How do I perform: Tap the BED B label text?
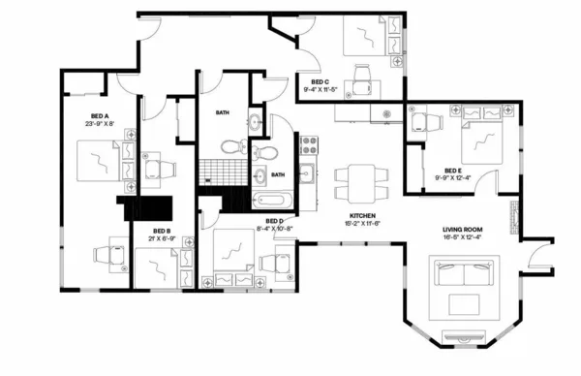(161, 231)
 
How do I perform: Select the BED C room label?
(321, 81)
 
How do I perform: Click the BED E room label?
(453, 171)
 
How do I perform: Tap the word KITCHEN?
(363, 216)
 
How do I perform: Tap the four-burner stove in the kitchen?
(311, 145)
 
